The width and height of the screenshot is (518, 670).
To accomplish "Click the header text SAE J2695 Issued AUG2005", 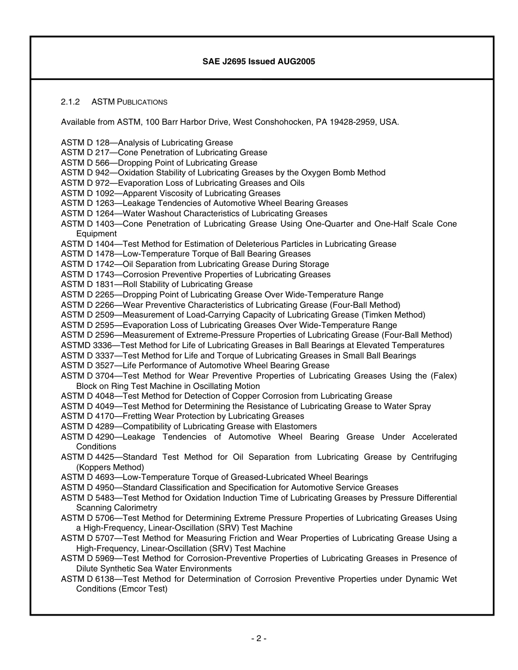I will pyautogui.click(x=258, y=62).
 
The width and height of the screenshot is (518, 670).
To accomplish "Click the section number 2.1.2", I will pyautogui.click(x=70, y=102).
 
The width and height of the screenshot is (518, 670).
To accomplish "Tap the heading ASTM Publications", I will pyautogui.click(x=129, y=102).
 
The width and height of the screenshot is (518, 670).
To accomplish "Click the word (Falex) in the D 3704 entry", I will pyautogui.click(x=444, y=376).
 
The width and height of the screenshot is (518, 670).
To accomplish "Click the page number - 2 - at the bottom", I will pyautogui.click(x=259, y=638).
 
